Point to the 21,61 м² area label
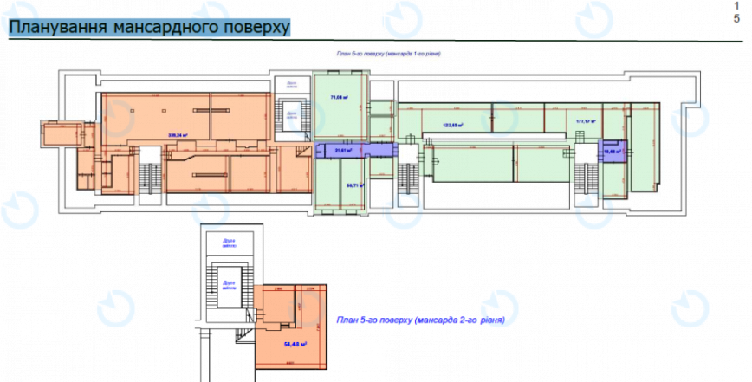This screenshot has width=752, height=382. [341, 150]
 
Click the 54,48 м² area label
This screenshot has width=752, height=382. [296, 344]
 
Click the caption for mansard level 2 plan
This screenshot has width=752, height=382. [416, 320]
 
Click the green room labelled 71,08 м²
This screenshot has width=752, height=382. [340, 108]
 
